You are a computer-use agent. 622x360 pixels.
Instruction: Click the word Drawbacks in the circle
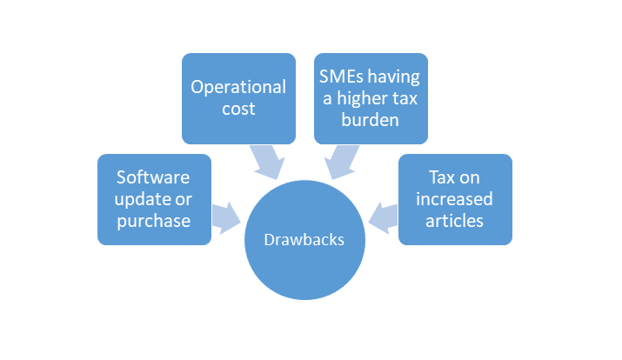coord(304,240)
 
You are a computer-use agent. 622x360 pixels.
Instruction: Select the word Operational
coord(237,87)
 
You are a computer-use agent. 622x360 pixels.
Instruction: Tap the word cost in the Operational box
coord(237,109)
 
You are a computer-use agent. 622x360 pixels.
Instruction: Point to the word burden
coord(371,120)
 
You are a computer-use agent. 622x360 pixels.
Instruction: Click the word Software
coord(153,177)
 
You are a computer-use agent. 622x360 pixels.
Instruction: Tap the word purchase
coord(154,221)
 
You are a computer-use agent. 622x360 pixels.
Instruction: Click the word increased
coord(455,199)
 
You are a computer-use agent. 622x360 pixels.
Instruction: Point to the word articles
coord(455,221)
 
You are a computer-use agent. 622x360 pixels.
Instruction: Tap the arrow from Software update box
coord(226,218)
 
